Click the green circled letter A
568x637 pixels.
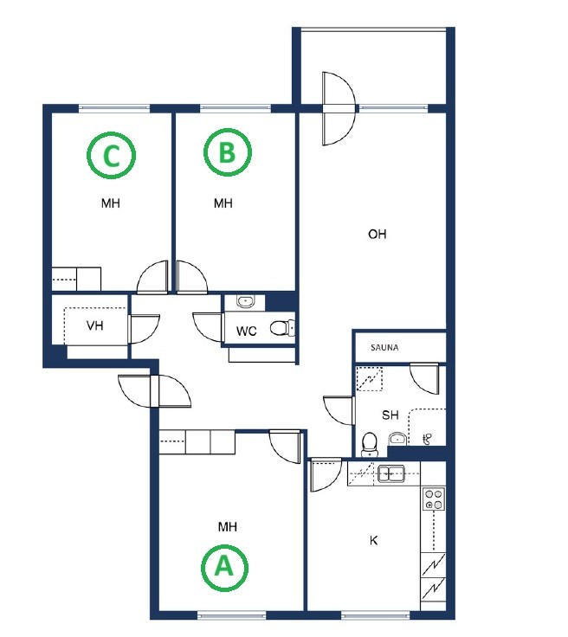point(224,567)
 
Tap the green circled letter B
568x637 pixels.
point(227,152)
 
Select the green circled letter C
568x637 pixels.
point(112,155)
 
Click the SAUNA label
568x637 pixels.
point(384,348)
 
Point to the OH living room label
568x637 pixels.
point(377,234)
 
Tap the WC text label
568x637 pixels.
point(246,331)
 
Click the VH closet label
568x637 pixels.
point(94,325)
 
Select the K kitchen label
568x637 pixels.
point(373,540)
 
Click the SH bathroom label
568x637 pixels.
point(390,415)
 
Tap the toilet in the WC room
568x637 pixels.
point(282,328)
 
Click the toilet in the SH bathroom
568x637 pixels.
point(370,444)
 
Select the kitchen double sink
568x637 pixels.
point(390,473)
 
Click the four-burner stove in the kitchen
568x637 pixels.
point(433,499)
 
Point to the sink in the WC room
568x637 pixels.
point(245,301)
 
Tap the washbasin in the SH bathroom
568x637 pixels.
point(397,439)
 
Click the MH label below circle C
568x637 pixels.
point(111,203)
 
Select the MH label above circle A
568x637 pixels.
point(228,527)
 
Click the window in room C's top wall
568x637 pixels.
point(114,108)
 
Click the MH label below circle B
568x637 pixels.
point(223,203)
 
